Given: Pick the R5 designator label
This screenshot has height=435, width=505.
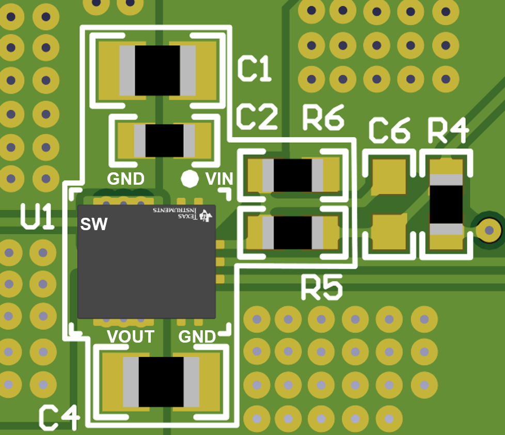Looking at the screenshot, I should point(322,287).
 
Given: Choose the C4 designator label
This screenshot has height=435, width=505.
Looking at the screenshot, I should point(60,417).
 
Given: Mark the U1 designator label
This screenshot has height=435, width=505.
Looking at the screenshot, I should point(37,216).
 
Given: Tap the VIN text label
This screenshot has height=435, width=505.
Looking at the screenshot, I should point(219,179).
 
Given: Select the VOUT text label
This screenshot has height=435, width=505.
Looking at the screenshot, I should point(131,337).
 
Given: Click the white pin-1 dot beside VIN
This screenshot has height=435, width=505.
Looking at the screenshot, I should point(190,179).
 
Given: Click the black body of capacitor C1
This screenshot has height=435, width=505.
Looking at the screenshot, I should point(157,70).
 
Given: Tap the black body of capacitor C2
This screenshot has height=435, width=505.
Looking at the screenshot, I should point(164,140).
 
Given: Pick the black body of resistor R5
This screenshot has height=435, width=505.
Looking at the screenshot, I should point(292,232).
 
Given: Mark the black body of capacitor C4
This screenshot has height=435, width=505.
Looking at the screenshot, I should point(161,381).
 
